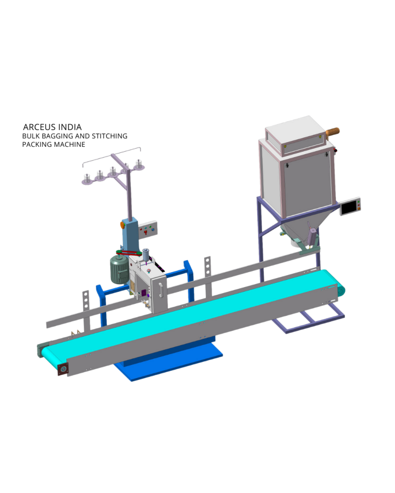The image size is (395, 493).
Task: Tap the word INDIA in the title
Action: [70, 127]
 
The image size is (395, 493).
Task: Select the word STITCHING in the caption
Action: [109, 136]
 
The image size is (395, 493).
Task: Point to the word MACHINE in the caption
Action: [69, 144]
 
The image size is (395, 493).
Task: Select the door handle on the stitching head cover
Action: [161, 290]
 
